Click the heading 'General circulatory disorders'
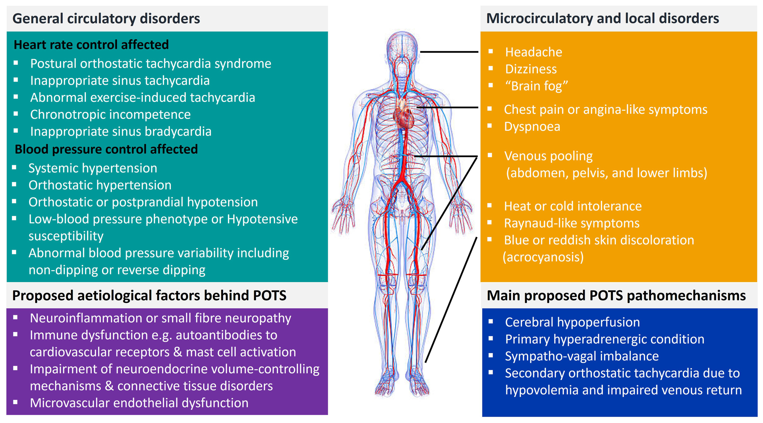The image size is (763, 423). click(106, 18)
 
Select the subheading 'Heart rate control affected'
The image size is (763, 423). click(91, 45)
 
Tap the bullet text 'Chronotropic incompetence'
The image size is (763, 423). click(110, 115)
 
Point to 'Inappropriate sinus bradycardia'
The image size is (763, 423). click(120, 132)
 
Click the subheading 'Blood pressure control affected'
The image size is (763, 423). click(106, 149)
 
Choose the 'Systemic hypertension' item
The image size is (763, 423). click(93, 168)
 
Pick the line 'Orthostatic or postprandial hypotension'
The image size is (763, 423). click(143, 202)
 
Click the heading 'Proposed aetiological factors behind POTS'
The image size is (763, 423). click(149, 295)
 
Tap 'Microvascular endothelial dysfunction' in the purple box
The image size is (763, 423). click(139, 403)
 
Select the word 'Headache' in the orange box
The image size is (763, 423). click(533, 52)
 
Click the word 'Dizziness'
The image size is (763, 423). click(531, 69)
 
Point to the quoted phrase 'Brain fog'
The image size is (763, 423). click(537, 86)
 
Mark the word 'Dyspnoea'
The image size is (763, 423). click(532, 127)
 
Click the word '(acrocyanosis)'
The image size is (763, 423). click(543, 257)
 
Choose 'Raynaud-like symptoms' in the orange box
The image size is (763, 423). click(572, 223)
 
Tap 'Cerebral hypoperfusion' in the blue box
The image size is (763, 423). click(572, 322)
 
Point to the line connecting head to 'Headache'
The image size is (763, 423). click(449, 52)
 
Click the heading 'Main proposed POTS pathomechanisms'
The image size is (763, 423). click(616, 296)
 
